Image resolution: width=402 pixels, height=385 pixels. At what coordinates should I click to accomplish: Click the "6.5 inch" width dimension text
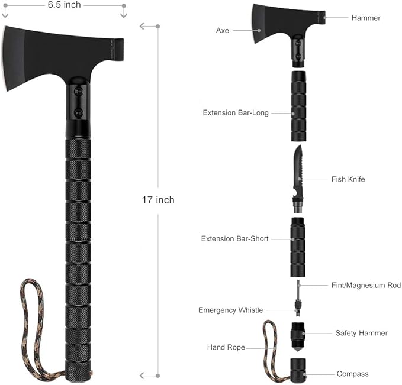[x=65, y=5]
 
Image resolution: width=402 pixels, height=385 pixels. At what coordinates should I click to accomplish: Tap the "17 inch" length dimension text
[x=157, y=200]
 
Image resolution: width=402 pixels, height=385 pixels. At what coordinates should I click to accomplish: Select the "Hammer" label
[x=365, y=18]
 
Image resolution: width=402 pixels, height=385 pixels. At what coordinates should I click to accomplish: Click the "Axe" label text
[x=222, y=30]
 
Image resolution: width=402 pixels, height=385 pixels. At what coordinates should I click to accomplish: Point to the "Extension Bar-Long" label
[x=236, y=112]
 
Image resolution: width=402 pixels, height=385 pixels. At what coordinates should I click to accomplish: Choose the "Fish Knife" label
[x=348, y=179]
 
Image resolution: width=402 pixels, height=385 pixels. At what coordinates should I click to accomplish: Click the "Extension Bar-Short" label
[x=234, y=239]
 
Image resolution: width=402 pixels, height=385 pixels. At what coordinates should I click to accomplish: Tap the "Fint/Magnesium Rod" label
[x=366, y=285]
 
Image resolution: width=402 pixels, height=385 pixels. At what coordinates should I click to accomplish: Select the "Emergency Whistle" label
[x=230, y=310]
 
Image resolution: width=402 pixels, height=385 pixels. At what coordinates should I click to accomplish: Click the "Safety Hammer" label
[x=361, y=333]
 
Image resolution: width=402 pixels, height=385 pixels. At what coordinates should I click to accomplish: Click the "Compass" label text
[x=352, y=374]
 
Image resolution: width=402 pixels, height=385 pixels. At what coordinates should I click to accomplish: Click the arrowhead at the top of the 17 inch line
[x=142, y=26]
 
